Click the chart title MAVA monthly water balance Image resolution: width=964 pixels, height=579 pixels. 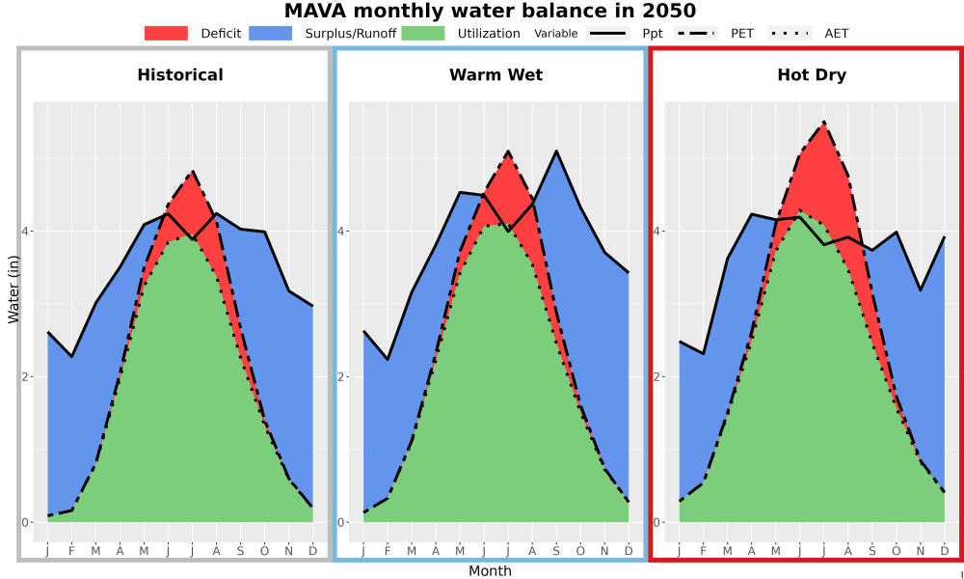(x=490, y=11)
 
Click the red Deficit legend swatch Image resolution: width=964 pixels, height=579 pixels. (x=166, y=33)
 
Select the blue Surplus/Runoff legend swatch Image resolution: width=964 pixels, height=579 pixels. (x=271, y=33)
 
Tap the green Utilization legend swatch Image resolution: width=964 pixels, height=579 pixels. (x=423, y=33)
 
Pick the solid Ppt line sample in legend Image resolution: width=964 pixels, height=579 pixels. (x=607, y=33)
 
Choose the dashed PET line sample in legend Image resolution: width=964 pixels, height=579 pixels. (x=696, y=33)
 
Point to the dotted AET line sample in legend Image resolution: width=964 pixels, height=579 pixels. (x=790, y=33)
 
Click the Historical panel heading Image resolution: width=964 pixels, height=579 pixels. (x=180, y=75)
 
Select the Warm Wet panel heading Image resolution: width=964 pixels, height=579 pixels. (x=496, y=75)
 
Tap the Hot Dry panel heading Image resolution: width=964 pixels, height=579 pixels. (x=812, y=75)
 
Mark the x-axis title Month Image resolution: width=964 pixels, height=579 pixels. (x=490, y=571)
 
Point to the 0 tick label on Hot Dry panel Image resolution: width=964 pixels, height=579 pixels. (x=656, y=522)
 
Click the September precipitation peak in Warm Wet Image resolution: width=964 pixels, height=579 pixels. (x=556, y=151)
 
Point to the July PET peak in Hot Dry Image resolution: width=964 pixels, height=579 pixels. (x=824, y=122)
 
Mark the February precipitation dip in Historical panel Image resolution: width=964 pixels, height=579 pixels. (x=71, y=356)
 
